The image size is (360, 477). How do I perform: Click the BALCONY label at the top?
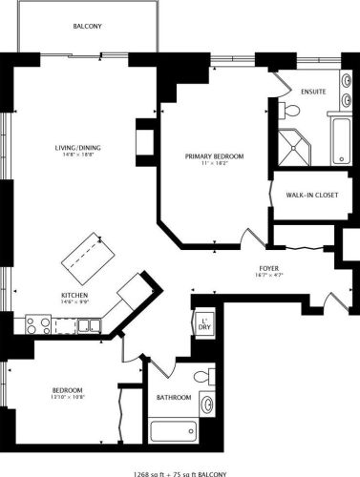tap(86, 27)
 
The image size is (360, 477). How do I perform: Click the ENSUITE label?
tap(313, 92)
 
